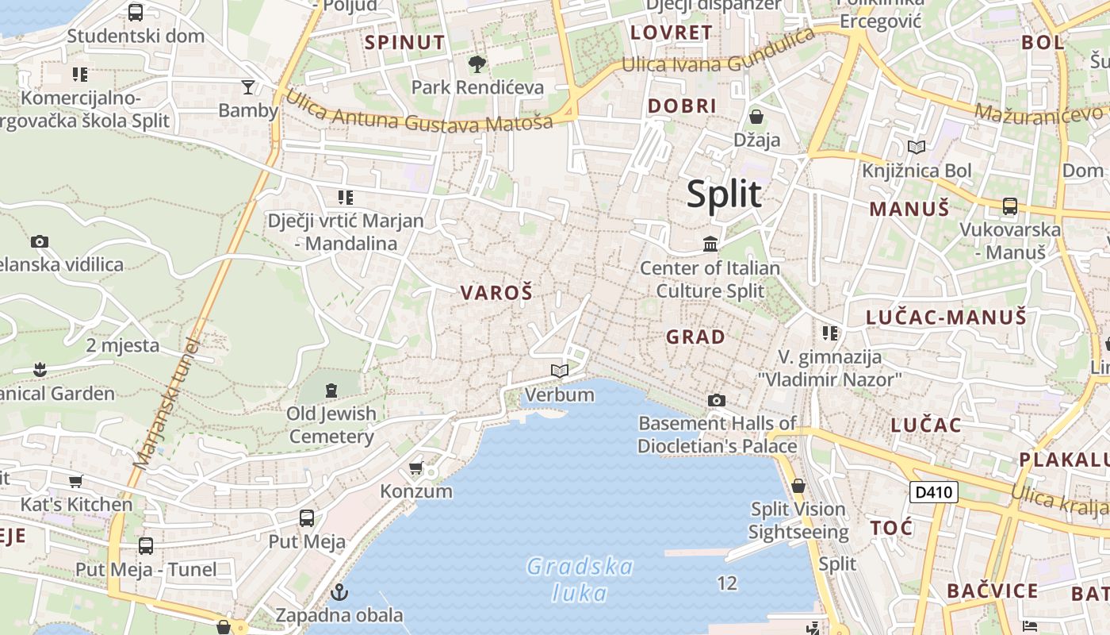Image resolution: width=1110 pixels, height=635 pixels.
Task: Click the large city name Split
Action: [724, 194]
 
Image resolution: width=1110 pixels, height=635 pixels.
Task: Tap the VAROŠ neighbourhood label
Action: [496, 292]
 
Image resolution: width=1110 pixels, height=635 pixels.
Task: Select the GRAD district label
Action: [695, 337]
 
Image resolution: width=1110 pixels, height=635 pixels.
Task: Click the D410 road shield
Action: [933, 492]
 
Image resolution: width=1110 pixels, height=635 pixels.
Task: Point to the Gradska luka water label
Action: [580, 579]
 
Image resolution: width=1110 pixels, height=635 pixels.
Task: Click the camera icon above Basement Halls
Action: [717, 400]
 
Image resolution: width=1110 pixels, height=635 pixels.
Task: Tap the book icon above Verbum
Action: [560, 371]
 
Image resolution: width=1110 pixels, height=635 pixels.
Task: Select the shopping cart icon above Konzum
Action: [416, 468]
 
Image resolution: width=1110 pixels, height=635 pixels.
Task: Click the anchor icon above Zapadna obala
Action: [339, 592]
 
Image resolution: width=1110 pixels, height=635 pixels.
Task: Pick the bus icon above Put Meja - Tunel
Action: [146, 546]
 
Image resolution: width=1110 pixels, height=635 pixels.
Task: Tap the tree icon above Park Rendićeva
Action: [477, 64]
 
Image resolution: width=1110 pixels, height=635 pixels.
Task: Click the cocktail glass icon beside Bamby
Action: [248, 87]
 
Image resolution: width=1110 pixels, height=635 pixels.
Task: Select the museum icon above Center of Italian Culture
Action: [710, 244]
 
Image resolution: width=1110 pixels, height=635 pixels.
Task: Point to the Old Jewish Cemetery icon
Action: [331, 390]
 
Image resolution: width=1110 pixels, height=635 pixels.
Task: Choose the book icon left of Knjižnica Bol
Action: [917, 147]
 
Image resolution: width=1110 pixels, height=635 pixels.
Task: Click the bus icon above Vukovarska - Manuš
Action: [1009, 206]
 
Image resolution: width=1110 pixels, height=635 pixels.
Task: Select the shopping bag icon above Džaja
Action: [756, 117]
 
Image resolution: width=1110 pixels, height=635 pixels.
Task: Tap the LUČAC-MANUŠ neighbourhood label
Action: [946, 317]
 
